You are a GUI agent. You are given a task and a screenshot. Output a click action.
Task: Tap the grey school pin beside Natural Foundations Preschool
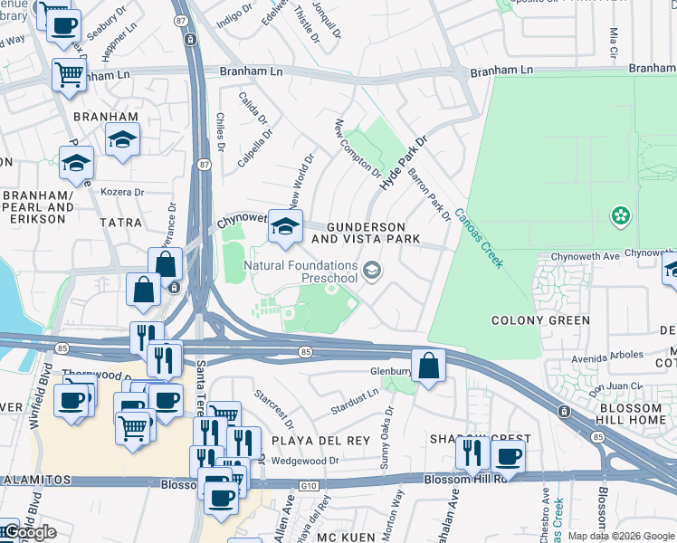372,271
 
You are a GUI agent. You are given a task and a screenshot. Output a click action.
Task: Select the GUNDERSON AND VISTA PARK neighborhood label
365,232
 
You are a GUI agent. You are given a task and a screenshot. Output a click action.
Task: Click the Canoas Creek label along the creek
479,238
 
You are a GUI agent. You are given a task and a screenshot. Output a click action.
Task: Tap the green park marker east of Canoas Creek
621,215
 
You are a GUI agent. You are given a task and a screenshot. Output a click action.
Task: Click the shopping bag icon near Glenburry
430,367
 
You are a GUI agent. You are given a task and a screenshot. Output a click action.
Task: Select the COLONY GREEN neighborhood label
540,320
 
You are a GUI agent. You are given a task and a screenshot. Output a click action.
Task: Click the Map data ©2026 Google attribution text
621,536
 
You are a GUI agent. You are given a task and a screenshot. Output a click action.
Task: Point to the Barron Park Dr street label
429,194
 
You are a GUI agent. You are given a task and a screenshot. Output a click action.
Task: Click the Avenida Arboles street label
638,354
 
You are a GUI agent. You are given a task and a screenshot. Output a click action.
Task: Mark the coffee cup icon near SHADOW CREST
509,456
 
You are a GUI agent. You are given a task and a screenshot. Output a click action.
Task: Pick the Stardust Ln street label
356,397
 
